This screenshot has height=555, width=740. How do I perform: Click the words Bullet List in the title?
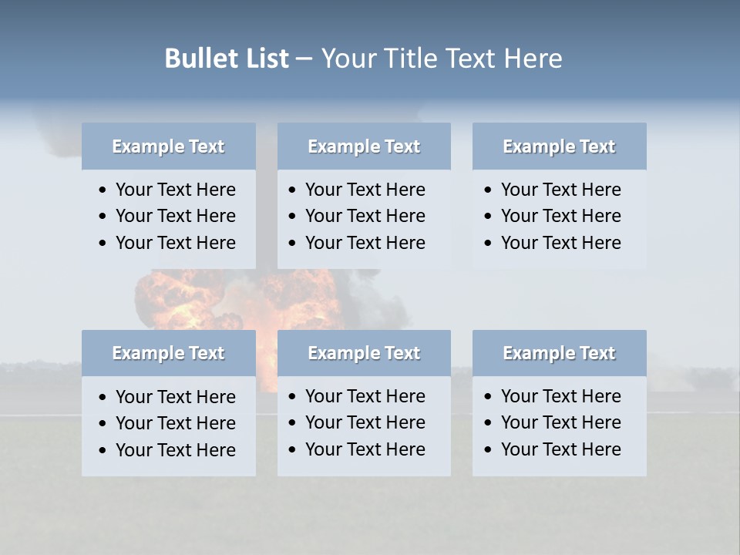(x=227, y=59)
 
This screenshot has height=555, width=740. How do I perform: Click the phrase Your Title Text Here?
(x=441, y=59)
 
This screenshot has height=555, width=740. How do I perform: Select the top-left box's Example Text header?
(x=168, y=146)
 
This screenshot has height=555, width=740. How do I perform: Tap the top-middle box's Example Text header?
(x=364, y=146)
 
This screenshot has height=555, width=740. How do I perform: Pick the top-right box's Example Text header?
(x=559, y=146)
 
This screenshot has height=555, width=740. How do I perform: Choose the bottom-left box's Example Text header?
(x=168, y=353)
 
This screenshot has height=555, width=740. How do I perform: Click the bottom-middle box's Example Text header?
(x=364, y=353)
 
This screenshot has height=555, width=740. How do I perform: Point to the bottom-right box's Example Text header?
(x=559, y=353)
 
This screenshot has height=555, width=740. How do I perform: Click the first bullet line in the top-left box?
(x=175, y=190)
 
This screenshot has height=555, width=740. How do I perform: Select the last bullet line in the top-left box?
(x=175, y=243)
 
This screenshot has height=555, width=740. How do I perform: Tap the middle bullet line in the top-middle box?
(x=365, y=216)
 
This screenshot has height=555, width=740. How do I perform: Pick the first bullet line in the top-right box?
(x=560, y=190)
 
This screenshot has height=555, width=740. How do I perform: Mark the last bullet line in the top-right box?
(x=560, y=243)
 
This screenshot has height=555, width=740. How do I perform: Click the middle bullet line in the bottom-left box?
(x=175, y=423)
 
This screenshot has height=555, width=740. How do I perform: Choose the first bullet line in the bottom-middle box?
(x=365, y=396)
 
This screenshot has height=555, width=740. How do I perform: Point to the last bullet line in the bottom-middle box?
(x=365, y=449)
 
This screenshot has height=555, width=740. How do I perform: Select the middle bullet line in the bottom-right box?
(x=560, y=422)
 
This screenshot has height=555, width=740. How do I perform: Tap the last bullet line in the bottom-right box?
(x=560, y=449)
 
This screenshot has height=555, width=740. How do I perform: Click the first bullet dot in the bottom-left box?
(x=103, y=398)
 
